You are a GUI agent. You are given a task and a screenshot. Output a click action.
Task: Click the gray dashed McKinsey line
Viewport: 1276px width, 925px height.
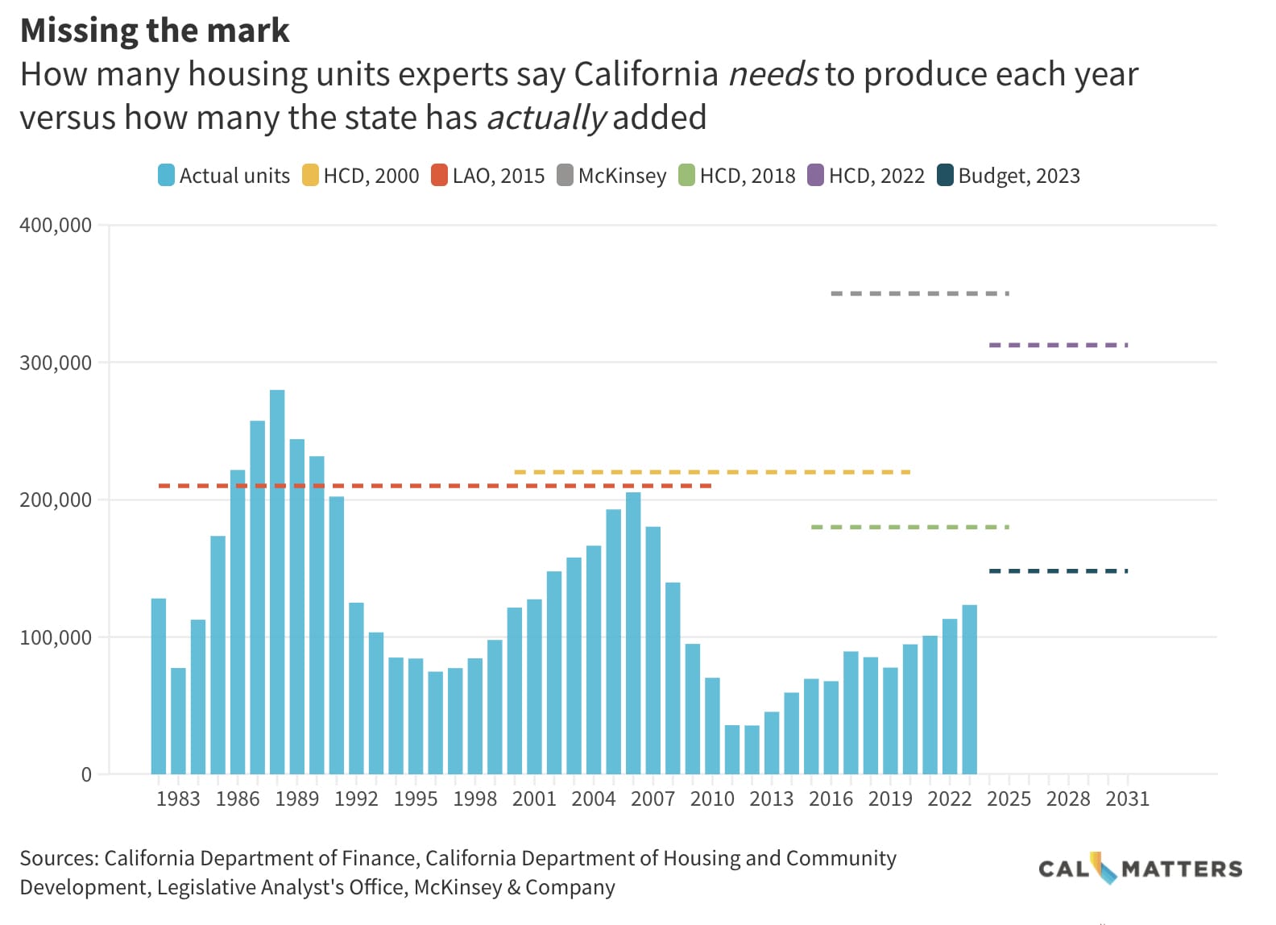(919, 293)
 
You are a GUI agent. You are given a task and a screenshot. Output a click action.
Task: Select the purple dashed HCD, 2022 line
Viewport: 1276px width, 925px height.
(1058, 345)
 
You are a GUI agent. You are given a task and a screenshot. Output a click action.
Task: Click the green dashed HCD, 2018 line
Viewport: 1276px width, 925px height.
(909, 527)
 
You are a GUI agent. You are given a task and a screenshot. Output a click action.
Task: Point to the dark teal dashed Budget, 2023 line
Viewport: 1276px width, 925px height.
(1058, 571)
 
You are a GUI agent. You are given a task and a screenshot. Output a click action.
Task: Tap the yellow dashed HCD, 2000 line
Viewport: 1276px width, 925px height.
(711, 472)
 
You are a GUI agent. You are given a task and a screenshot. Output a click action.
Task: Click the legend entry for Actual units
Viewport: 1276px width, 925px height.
(224, 176)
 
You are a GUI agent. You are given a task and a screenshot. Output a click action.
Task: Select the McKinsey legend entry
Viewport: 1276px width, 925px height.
(611, 176)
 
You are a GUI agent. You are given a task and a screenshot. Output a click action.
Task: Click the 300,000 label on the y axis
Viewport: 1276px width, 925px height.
(56, 363)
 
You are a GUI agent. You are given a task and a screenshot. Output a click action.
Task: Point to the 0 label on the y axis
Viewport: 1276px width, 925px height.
(86, 775)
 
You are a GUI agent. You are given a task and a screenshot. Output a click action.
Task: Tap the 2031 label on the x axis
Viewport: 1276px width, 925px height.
(1127, 798)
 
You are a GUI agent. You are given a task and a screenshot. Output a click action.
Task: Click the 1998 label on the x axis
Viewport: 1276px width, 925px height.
(474, 798)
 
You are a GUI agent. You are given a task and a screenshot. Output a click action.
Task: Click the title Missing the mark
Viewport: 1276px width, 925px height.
(155, 31)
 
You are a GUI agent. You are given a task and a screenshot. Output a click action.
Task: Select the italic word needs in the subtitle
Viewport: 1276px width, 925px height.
(773, 74)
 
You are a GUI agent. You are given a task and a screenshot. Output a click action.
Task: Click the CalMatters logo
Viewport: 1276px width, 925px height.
(1140, 869)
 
